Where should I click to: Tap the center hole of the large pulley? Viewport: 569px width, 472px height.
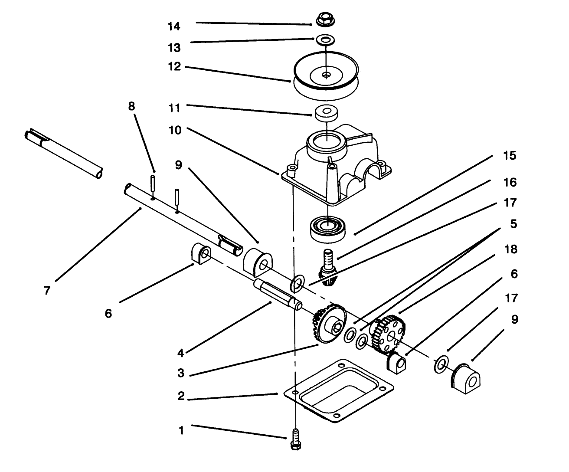[x=326, y=75]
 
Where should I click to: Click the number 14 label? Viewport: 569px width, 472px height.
[x=174, y=27]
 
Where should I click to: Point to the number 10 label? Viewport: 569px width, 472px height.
[x=175, y=130]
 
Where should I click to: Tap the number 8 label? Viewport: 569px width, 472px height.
[x=131, y=106]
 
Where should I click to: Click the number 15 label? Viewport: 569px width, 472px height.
[x=510, y=156]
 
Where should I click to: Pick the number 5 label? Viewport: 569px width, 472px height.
[x=513, y=224]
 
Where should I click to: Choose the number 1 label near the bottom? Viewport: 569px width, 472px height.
[x=181, y=430]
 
